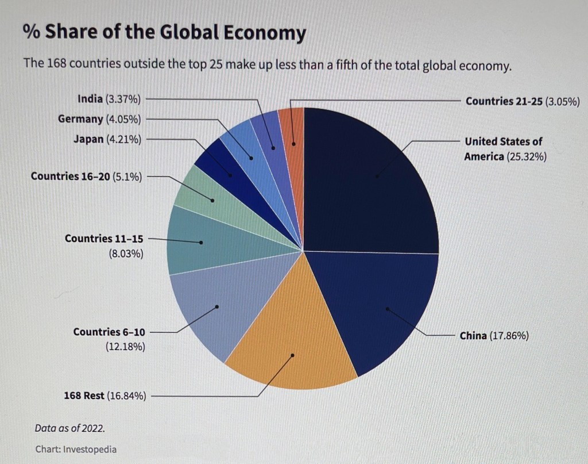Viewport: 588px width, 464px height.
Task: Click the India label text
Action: (90, 99)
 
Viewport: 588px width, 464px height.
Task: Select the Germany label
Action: (80, 119)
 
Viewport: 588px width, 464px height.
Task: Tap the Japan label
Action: (88, 139)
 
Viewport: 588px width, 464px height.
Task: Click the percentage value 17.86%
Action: (509, 336)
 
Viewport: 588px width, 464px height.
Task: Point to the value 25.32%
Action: (526, 156)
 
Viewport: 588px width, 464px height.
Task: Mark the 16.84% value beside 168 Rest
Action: (127, 396)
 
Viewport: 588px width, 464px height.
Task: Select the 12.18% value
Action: (125, 347)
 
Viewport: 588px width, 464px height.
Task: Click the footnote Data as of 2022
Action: (69, 428)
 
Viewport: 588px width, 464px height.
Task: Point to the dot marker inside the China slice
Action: (387, 308)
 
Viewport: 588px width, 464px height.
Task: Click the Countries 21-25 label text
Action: (504, 101)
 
